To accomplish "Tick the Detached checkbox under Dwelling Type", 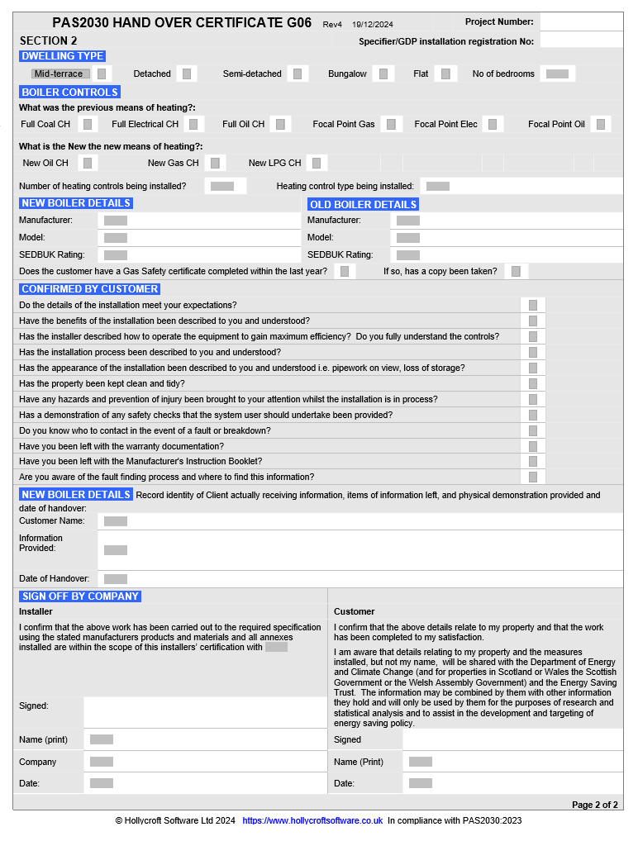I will click(187, 74).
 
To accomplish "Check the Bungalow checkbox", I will click(383, 74).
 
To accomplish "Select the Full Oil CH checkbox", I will click(281, 124).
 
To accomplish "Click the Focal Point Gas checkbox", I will click(391, 124).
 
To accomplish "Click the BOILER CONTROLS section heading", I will click(69, 92).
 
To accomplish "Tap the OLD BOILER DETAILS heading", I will click(363, 204).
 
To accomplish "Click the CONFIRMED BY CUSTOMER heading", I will click(89, 289).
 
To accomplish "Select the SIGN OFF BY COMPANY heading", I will click(80, 596).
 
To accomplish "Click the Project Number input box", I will click(581, 22).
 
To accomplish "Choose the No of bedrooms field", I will click(557, 74).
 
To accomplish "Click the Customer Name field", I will click(116, 521).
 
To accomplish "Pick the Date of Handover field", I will click(116, 579).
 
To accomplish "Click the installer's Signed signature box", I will click(205, 711).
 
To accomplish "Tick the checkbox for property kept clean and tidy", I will click(533, 383).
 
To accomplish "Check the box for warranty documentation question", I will click(533, 446).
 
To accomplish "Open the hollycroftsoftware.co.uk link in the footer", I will click(312, 820).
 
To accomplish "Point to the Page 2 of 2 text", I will click(594, 805).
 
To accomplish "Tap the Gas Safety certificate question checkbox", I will click(345, 271).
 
